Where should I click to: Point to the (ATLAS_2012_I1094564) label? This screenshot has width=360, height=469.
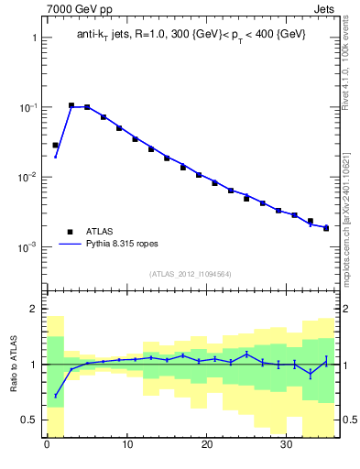[x=189, y=273]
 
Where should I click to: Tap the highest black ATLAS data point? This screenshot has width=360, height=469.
[x=71, y=105]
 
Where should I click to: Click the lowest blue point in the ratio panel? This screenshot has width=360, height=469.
[x=55, y=396]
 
